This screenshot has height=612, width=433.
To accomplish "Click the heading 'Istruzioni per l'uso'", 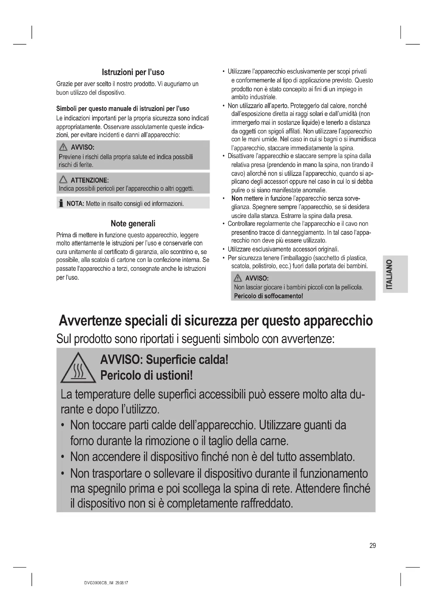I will (133, 72).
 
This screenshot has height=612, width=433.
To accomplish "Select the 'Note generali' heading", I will (133, 223).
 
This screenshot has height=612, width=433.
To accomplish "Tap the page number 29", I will (373, 546).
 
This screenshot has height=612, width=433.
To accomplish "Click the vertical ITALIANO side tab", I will (395, 274).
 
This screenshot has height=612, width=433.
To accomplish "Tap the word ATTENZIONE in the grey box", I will (90, 180).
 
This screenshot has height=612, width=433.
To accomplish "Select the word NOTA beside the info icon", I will (75, 204).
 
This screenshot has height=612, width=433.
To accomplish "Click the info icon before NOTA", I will (61, 204).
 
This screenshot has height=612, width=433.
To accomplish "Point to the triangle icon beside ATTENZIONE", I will (63, 180).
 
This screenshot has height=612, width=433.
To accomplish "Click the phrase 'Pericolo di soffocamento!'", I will (268, 296).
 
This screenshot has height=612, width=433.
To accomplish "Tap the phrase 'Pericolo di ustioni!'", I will (146, 375).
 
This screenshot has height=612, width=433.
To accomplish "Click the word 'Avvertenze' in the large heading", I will (90, 321).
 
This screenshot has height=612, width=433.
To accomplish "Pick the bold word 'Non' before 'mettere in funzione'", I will (237, 199).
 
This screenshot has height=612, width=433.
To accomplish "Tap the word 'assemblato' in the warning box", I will (327, 457).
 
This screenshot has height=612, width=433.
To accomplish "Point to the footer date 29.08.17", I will (122, 583).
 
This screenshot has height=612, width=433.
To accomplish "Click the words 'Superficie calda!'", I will (187, 360).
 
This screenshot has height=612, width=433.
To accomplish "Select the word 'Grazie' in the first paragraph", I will (64, 84).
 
